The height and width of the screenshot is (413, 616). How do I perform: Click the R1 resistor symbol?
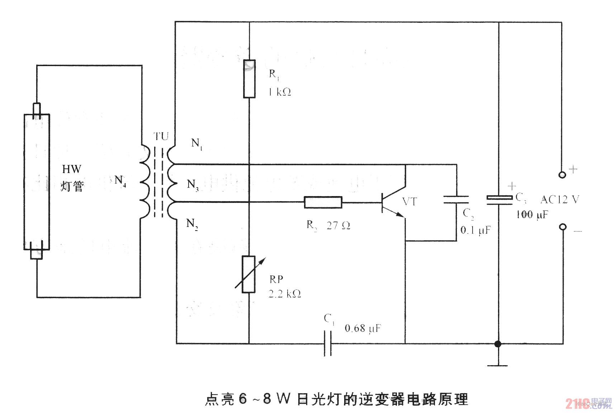click(x=249, y=79)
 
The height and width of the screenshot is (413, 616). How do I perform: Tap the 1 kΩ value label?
click(x=279, y=92)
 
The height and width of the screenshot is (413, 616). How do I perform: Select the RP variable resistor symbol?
click(x=248, y=274)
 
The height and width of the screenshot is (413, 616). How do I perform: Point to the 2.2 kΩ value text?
click(x=285, y=294)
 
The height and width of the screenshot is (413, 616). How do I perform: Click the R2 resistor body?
click(x=323, y=202)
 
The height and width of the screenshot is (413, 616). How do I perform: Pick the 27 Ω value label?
click(x=338, y=226)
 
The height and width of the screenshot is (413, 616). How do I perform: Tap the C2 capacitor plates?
click(x=456, y=200)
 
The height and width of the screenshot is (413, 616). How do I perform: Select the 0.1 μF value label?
click(x=475, y=230)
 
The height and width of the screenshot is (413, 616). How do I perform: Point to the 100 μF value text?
click(x=532, y=215)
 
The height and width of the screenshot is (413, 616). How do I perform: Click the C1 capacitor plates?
click(x=328, y=344)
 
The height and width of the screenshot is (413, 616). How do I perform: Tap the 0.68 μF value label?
click(x=363, y=328)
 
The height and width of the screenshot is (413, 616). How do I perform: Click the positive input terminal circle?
click(x=563, y=175)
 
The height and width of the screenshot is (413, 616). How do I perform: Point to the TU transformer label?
click(x=161, y=136)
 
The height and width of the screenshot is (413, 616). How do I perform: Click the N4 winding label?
click(x=120, y=180)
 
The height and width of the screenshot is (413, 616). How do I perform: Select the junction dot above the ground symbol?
click(x=497, y=344)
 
